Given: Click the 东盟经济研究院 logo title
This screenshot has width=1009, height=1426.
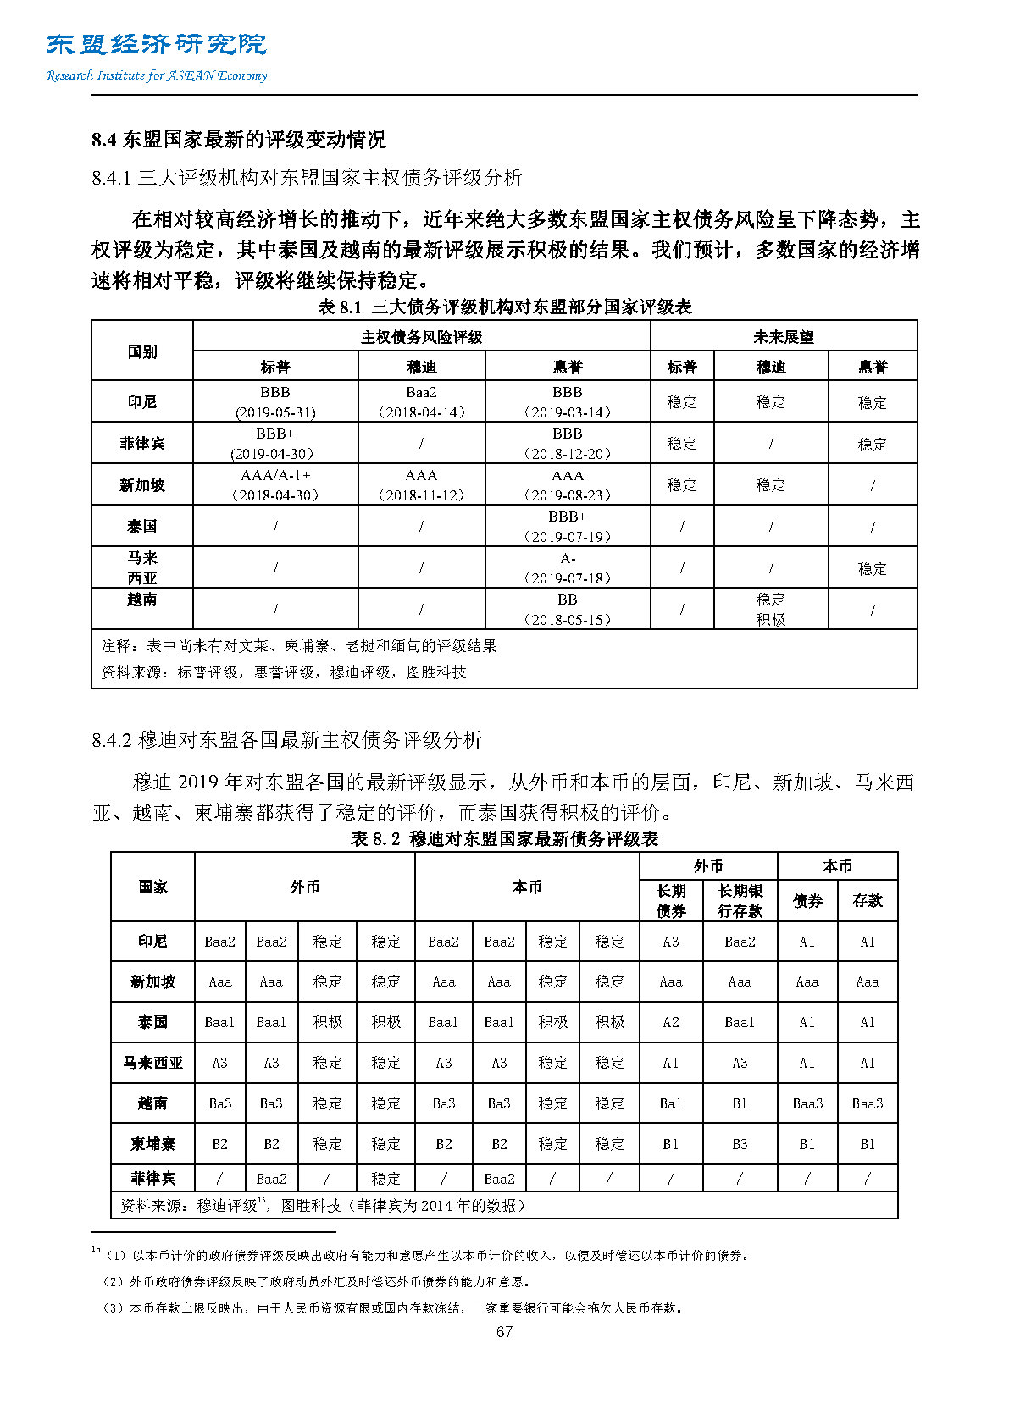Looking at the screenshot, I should coord(157,44).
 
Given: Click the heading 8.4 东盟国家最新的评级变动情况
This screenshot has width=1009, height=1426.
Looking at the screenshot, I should coord(238,140).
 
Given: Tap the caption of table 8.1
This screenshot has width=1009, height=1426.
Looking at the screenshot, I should coord(504,307).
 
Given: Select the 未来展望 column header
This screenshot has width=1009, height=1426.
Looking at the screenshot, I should coord(783,336).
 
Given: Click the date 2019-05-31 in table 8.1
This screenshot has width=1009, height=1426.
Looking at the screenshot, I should coord(274,412).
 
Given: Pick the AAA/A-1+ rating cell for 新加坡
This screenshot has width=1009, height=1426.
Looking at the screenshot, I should coord(275,475).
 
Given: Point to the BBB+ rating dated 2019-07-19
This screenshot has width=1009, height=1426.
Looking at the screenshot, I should coord(567,517).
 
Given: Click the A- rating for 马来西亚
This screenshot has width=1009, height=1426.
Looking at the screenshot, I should coord(567,558).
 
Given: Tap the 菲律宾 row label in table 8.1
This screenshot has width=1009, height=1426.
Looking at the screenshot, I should coord(141,443).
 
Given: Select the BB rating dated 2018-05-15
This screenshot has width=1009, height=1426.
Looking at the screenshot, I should coord(567,600).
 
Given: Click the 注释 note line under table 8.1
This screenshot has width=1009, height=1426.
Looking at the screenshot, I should coord(298,646).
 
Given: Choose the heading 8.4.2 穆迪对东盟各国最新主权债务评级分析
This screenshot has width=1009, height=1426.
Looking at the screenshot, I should coord(286,739).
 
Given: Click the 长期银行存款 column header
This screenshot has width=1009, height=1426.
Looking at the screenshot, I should coord(740,900).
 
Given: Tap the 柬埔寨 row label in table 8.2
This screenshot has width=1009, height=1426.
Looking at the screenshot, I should coord(152,1143).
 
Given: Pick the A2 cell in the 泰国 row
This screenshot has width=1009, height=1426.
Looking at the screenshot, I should coord(670,1022).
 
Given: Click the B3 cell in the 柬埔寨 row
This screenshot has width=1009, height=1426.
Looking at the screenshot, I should coord(740,1144).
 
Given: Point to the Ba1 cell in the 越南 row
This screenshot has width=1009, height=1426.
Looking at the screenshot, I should coord(670,1103).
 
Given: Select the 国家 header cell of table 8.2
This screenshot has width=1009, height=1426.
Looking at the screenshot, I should coord(152,887).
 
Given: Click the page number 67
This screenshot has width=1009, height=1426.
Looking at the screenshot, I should coord(504,1331).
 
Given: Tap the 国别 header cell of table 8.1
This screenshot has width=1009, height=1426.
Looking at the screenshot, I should coord(141,351).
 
